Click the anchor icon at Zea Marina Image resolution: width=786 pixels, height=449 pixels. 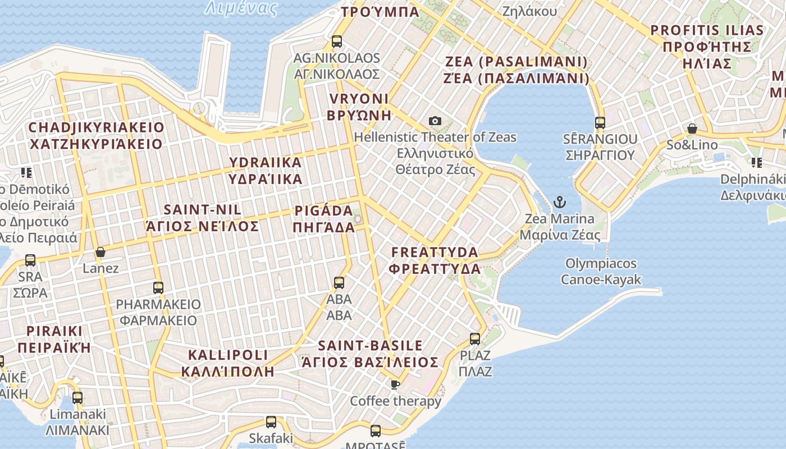[x=559, y=202]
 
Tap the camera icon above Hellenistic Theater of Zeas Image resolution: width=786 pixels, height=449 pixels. [x=435, y=121]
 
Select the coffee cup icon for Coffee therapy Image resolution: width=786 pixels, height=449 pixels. [x=395, y=384]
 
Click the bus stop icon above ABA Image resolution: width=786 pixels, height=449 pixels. [x=339, y=282]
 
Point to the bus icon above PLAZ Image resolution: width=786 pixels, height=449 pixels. [x=475, y=338]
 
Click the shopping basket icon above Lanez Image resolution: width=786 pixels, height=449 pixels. [x=100, y=252]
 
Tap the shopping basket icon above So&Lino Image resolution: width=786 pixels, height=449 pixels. [x=692, y=129]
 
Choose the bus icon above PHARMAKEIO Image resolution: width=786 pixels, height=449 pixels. [x=158, y=288]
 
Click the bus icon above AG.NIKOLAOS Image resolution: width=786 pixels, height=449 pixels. [x=337, y=41]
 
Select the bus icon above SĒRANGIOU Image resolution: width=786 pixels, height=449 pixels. [x=600, y=122]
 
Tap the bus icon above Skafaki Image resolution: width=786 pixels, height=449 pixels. [x=271, y=421]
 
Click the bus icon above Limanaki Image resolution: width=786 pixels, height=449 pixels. [x=77, y=397]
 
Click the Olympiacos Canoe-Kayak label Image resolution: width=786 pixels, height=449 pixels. [x=601, y=271]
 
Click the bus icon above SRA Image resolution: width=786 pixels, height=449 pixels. [x=30, y=260]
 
